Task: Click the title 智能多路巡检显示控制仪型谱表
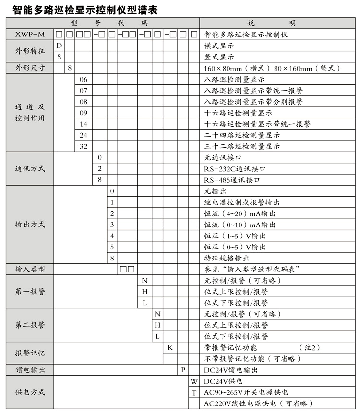81,9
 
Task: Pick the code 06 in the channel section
84,80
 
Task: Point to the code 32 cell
84,146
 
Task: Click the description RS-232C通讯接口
235,169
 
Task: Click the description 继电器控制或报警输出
242,202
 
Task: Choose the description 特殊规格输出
227,258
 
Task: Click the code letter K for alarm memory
170,347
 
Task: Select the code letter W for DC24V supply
194,381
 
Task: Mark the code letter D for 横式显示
59,46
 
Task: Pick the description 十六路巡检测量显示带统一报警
257,124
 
